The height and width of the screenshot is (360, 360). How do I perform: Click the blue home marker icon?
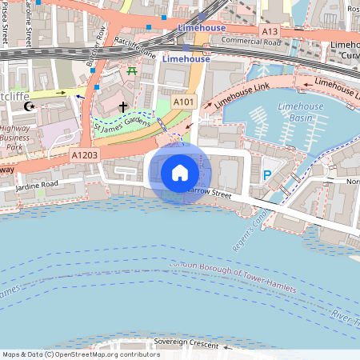[180, 173]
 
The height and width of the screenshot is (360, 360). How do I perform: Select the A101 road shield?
[183, 102]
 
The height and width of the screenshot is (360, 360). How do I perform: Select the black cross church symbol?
[123, 106]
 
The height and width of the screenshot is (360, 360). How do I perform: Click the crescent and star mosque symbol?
[30, 106]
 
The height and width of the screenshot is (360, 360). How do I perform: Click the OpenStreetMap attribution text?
[80, 354]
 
